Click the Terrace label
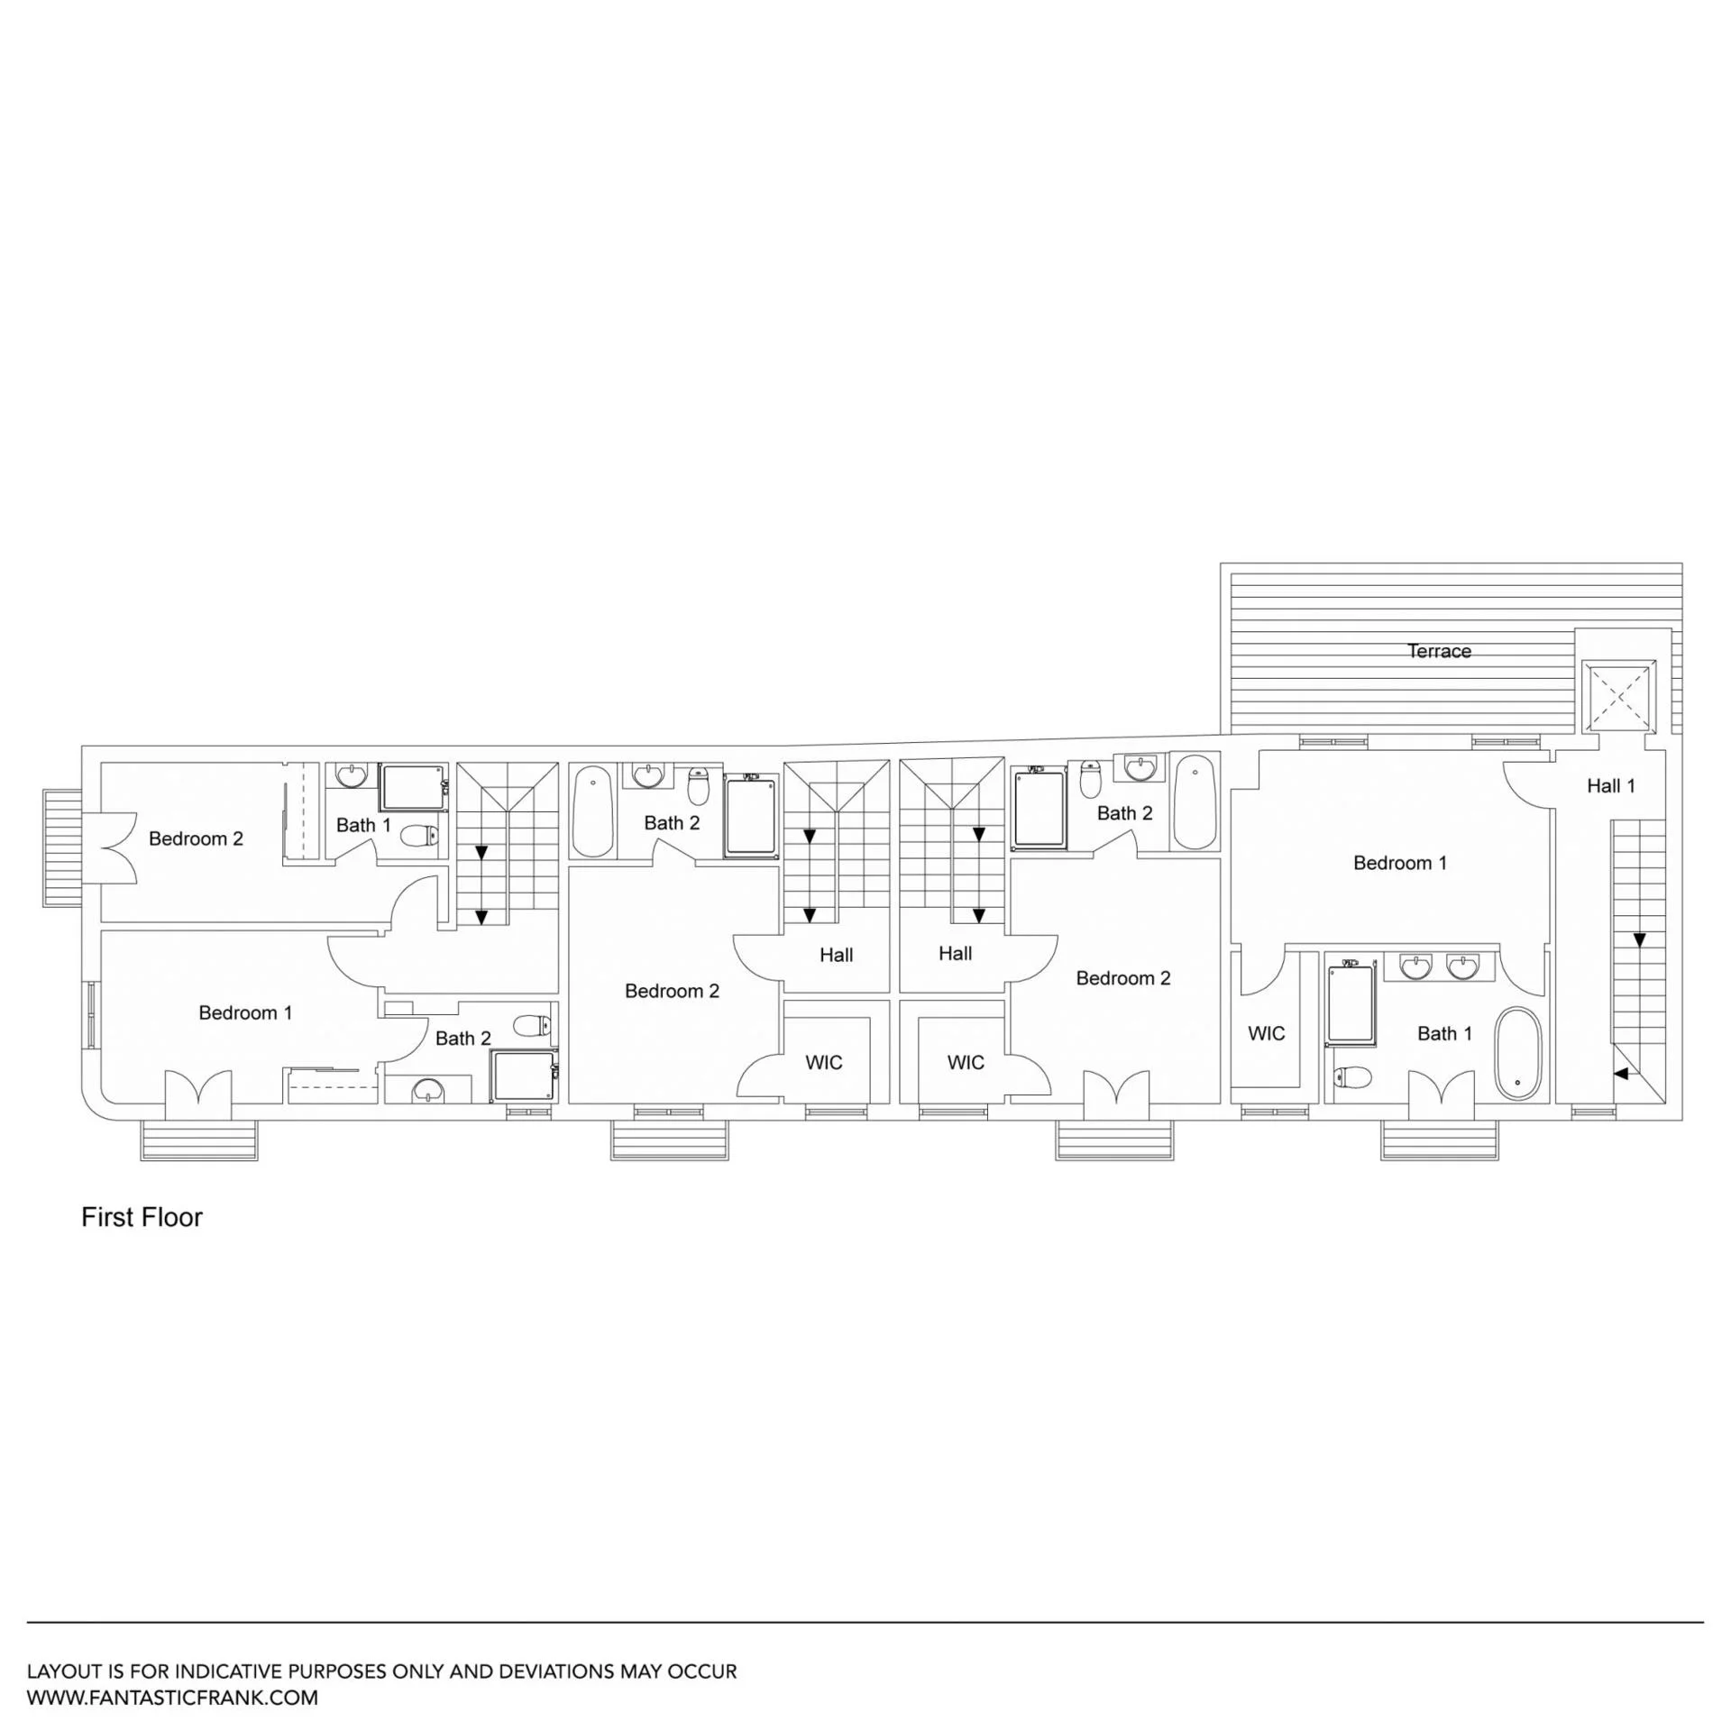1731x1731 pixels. [x=1439, y=651]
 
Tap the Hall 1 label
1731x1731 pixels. [x=1610, y=786]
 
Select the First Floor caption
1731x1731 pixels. [x=142, y=1217]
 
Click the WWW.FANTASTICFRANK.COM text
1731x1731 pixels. [x=172, y=1698]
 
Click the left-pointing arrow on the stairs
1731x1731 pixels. [x=1620, y=1074]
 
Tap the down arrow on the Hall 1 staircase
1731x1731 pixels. [x=1639, y=940]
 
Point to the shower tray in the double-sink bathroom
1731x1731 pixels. [x=1350, y=1004]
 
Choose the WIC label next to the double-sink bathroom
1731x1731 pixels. [x=1266, y=1033]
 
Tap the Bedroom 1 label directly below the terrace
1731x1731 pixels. [x=1399, y=863]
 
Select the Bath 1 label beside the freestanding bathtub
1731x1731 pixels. [x=1444, y=1033]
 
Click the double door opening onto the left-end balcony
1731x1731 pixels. [x=109, y=848]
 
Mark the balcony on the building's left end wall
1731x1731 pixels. [x=61, y=848]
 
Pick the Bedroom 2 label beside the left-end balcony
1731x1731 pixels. [x=196, y=838]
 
